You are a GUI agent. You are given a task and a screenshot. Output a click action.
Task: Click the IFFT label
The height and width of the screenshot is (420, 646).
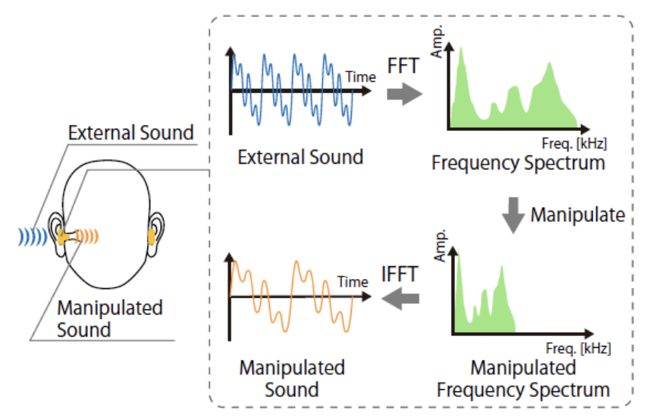[x=400, y=273]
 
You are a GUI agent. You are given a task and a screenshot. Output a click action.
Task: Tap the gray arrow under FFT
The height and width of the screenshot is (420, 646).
[x=404, y=95]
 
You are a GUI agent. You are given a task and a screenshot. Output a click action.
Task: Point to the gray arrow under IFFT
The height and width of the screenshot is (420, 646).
[x=402, y=299]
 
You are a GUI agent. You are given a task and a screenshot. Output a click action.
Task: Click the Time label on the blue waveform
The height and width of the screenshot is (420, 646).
[x=361, y=77]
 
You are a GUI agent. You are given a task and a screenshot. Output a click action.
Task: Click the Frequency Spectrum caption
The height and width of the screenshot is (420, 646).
[x=519, y=163]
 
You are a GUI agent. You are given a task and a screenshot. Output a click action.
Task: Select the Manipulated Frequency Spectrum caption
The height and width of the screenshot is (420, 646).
[x=523, y=378]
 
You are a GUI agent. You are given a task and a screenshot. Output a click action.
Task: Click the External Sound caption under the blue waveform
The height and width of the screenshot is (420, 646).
[x=300, y=157]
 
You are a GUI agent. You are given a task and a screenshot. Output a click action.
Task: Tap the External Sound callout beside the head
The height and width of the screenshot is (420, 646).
[x=131, y=133]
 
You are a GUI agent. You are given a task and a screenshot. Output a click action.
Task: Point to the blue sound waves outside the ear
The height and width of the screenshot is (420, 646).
[x=34, y=237]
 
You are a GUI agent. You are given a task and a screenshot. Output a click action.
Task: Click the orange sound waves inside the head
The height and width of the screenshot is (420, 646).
[x=88, y=237]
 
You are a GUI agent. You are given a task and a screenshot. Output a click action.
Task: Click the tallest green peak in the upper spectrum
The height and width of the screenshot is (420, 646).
[x=462, y=57]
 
